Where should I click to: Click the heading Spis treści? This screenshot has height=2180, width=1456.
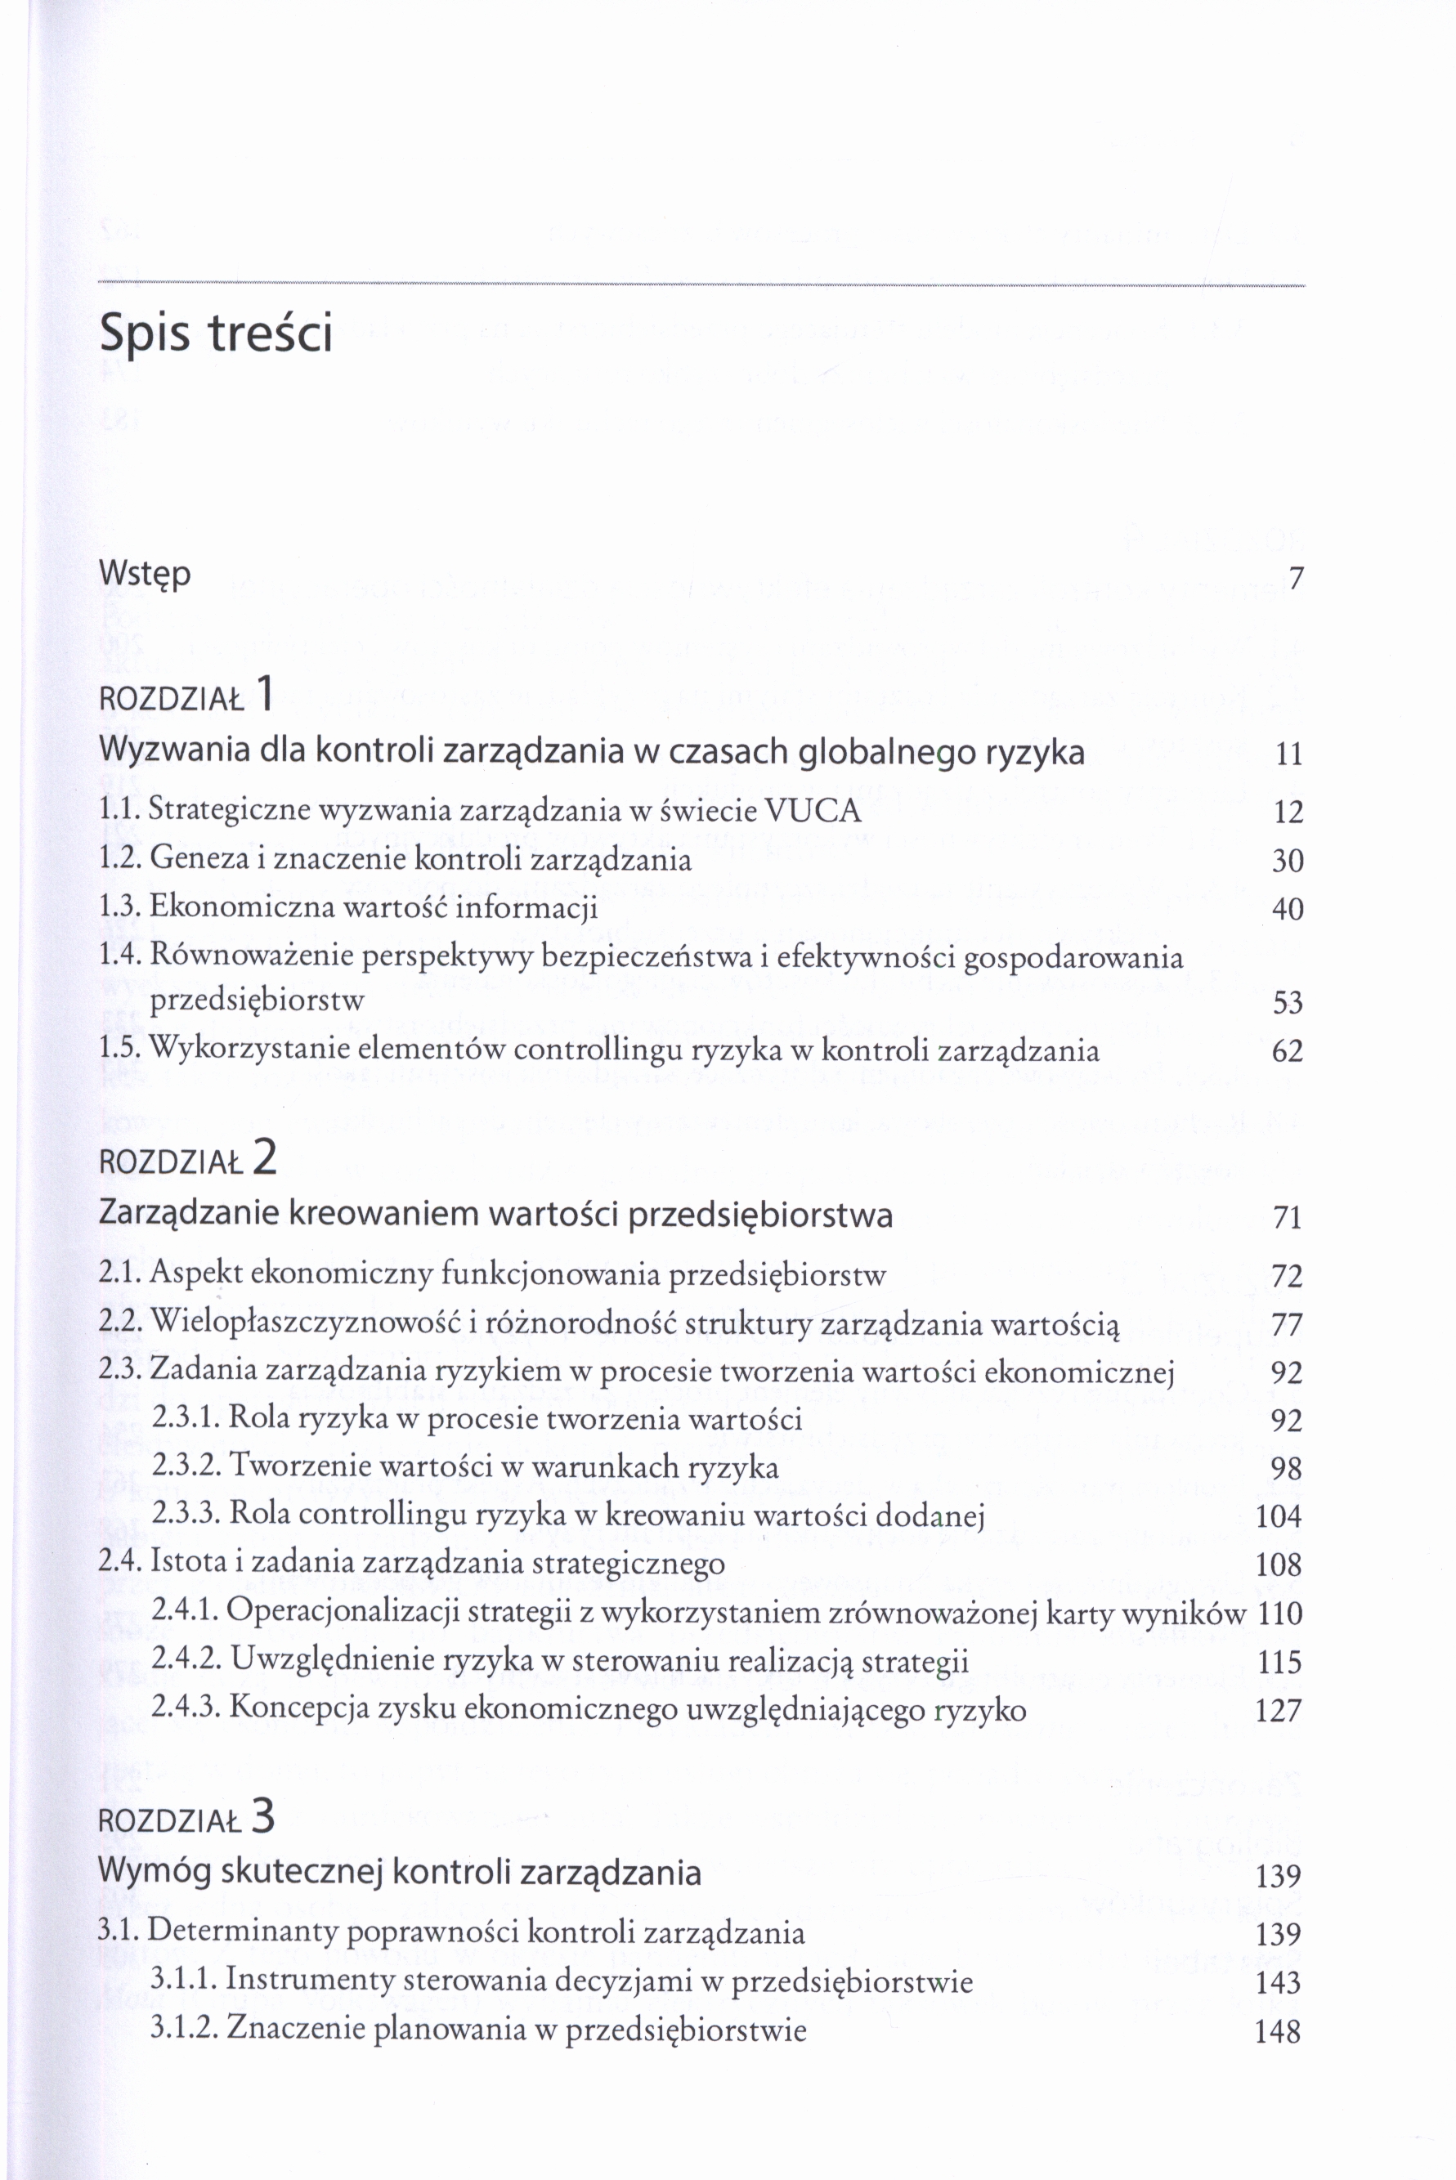point(216,333)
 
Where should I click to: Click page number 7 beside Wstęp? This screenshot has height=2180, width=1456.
point(1297,579)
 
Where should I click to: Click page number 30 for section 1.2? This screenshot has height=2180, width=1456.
point(1287,861)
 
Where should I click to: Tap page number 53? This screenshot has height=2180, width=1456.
point(1287,1003)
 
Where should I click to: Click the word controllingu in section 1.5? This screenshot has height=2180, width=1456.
point(586,1050)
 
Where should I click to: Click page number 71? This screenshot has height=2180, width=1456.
point(1287,1217)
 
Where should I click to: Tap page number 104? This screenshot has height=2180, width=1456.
point(1279,1516)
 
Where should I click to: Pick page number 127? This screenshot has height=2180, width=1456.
point(1279,1710)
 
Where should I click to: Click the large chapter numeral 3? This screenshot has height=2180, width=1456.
point(264,1817)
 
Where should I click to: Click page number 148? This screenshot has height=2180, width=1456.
point(1279,2032)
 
